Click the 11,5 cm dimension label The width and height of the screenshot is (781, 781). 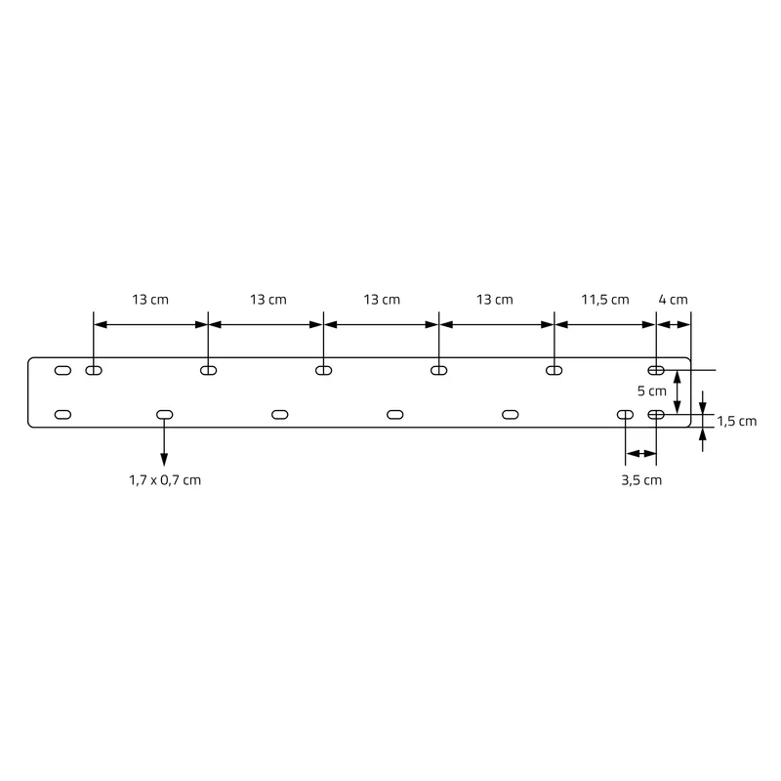(x=604, y=300)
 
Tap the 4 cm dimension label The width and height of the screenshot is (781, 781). (x=673, y=300)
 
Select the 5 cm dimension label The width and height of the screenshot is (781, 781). (x=651, y=391)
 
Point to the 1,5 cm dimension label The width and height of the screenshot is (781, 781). (x=737, y=422)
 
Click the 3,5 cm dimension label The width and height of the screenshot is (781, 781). (x=641, y=480)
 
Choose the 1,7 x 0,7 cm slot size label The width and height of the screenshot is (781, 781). (x=165, y=480)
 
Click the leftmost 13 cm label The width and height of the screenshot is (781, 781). (x=150, y=300)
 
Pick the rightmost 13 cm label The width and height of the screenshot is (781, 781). (x=495, y=300)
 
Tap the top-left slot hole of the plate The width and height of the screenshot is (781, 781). (x=62, y=371)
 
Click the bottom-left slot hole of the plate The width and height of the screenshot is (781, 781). (x=62, y=414)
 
